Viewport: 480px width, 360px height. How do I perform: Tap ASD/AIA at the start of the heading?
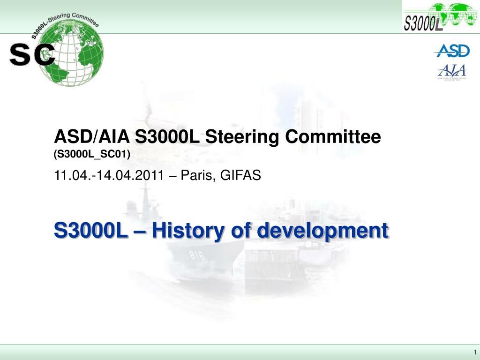(x=92, y=137)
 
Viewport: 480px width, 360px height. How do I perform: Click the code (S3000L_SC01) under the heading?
(x=91, y=154)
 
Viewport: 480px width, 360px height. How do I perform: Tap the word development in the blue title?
(x=323, y=231)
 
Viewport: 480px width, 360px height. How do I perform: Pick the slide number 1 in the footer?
(x=474, y=352)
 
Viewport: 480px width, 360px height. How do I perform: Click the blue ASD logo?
(x=451, y=51)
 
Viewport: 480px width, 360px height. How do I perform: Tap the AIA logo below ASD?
(x=451, y=71)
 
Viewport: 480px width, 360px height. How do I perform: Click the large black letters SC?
(x=32, y=55)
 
